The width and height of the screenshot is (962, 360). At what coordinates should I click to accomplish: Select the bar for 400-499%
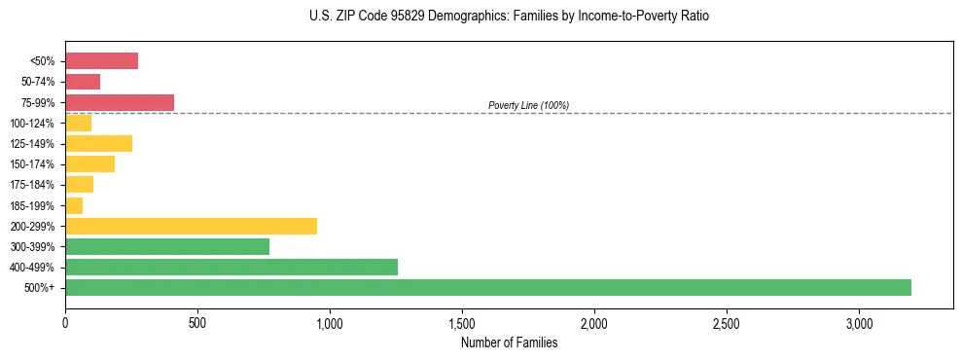point(232,267)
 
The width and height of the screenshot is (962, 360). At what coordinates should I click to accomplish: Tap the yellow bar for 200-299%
point(191,226)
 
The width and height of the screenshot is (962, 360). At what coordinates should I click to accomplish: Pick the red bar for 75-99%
point(120,102)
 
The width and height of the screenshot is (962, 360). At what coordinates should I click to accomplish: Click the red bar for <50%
point(101,61)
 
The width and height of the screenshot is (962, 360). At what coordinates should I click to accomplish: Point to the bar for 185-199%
point(74,205)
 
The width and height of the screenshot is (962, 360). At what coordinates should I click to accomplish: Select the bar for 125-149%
point(98,143)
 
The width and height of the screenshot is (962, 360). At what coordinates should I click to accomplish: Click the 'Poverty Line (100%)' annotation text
point(528,105)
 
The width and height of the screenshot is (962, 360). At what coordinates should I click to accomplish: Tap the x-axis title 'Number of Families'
point(509,342)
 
